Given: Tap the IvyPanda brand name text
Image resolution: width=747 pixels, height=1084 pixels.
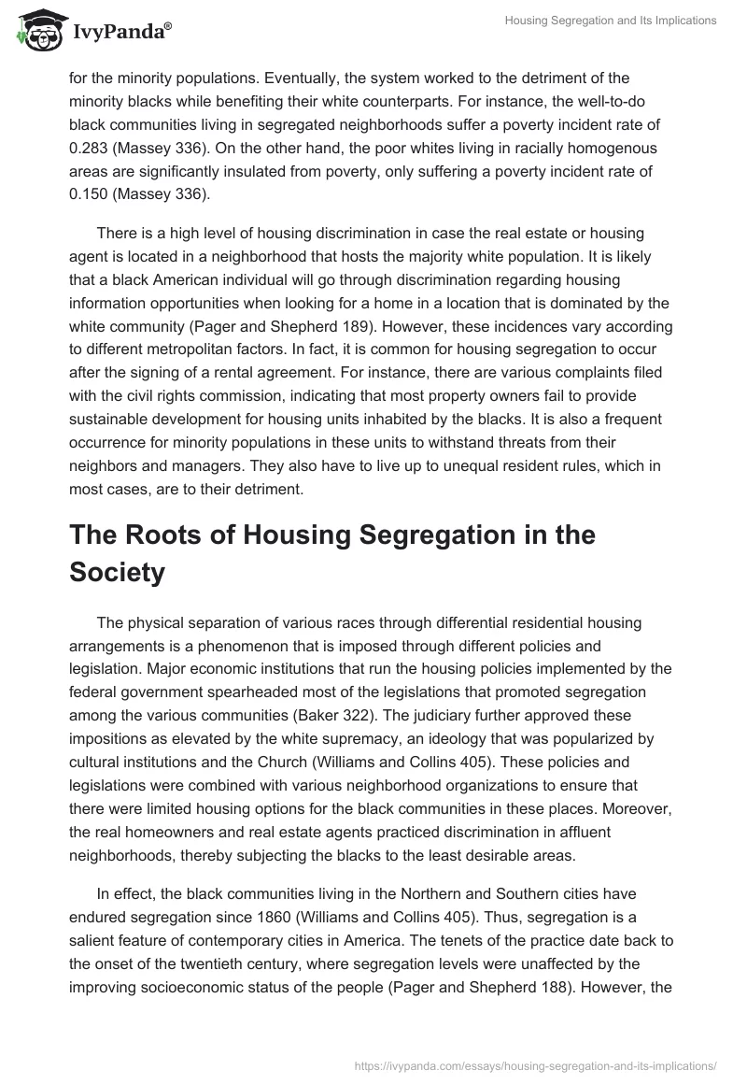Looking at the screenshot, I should point(119,33).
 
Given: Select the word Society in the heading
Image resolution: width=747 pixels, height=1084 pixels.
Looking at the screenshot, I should point(117,572).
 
